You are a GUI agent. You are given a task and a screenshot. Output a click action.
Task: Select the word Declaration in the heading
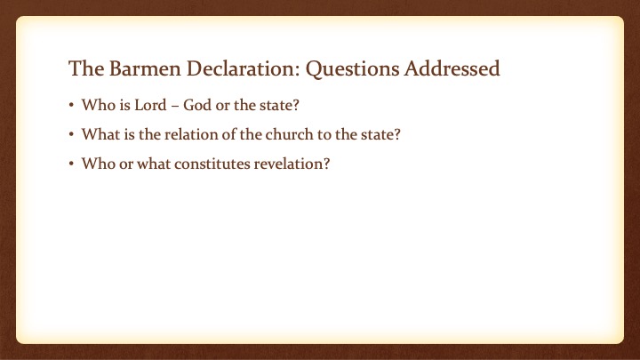pos(240,68)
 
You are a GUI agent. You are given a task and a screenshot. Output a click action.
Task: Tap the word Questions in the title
pos(353,69)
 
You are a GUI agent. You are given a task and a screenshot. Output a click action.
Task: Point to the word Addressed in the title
pos(452,68)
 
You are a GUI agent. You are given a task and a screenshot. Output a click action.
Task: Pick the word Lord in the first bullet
pos(150,105)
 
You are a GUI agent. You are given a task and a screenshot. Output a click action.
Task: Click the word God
pos(197,105)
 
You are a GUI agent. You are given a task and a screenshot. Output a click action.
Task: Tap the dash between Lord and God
pos(175,107)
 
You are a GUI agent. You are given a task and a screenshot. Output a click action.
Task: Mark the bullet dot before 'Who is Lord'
pos(71,105)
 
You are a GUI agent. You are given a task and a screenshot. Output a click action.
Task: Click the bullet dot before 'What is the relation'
pos(71,135)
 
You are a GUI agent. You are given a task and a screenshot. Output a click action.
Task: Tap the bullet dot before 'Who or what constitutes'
pos(71,164)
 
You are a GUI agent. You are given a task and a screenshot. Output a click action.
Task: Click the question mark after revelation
pos(326,164)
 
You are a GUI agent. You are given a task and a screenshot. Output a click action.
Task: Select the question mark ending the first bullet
pos(296,105)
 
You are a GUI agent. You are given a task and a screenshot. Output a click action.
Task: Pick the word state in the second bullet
pos(377,134)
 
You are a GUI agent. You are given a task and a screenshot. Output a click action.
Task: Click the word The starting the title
pos(86,68)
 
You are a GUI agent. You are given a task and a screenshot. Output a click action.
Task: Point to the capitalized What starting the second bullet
pos(100,134)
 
